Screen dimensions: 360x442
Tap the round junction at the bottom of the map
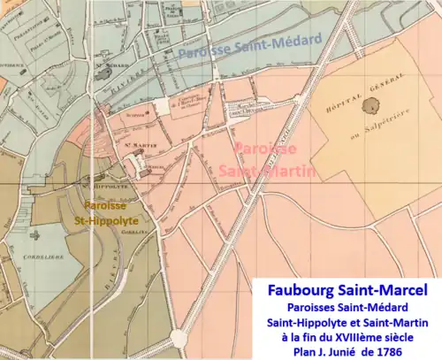coord(179,338)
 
